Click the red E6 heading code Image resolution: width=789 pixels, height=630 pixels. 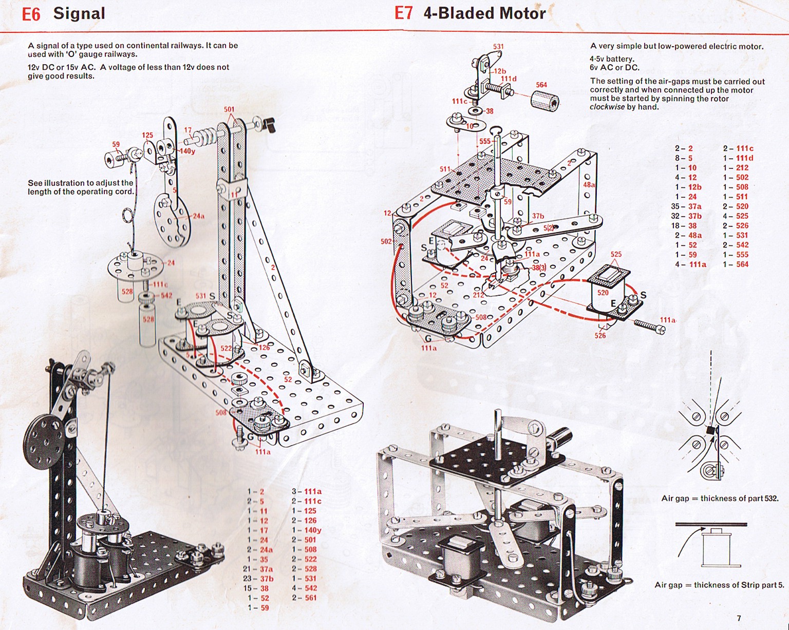(x=31, y=14)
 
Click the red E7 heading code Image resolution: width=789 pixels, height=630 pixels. (x=403, y=13)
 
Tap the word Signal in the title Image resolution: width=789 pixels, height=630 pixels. (x=79, y=13)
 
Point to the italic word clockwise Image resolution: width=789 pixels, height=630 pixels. (x=607, y=107)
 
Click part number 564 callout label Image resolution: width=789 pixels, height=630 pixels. (x=541, y=85)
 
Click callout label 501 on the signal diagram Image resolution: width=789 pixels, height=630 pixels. (x=229, y=109)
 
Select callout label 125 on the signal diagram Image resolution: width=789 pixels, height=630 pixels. (x=148, y=136)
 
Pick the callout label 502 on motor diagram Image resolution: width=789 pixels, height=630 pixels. (x=386, y=241)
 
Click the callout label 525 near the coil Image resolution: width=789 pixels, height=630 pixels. (x=616, y=254)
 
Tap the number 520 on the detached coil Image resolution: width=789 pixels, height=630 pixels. (x=603, y=293)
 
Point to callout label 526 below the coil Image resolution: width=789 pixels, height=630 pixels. (x=600, y=336)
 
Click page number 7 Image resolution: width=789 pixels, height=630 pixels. (x=739, y=618)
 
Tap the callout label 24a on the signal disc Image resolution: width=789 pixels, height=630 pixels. (x=198, y=216)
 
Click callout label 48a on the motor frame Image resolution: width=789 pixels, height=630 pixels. (x=589, y=185)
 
